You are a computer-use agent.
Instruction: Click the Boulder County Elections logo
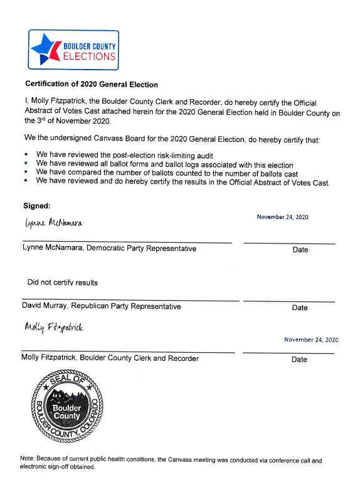pyautogui.click(x=73, y=50)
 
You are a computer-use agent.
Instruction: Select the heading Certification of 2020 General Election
pyautogui.click(x=91, y=84)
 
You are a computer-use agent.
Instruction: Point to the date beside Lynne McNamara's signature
pyautogui.click(x=282, y=217)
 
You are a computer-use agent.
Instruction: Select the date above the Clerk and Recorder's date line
pyautogui.click(x=311, y=340)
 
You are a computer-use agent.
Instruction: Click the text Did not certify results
pyautogui.click(x=62, y=282)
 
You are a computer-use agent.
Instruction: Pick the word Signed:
pyautogui.click(x=36, y=205)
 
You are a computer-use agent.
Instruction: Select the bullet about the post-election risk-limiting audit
pyautogui.click(x=125, y=154)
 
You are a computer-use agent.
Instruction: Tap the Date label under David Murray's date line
pyautogui.click(x=300, y=308)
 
